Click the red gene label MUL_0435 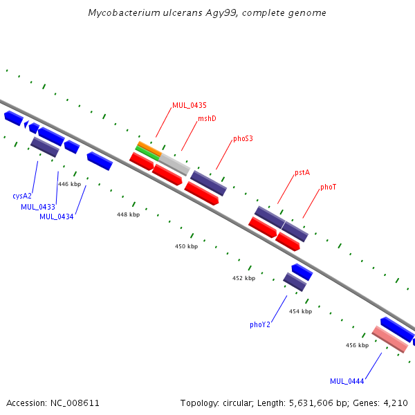(x=190, y=105)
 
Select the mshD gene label (x=207, y=118)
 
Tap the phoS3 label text (x=243, y=138)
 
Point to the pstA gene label (x=302, y=172)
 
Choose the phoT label (x=328, y=187)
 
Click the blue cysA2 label (x=22, y=196)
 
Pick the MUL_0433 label (x=38, y=207)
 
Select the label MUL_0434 (x=57, y=216)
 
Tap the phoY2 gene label (x=260, y=324)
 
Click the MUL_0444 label (x=347, y=381)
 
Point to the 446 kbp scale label (x=70, y=184)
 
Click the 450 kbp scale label (x=186, y=246)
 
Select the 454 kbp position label (x=301, y=311)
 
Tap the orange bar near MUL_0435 (x=150, y=149)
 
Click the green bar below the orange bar (x=147, y=154)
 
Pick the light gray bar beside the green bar (x=174, y=165)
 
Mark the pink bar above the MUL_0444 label (x=390, y=340)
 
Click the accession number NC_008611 (x=75, y=403)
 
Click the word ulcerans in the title (x=183, y=12)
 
